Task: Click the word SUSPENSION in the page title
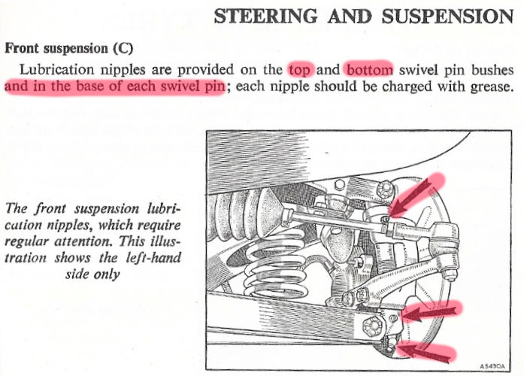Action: tap(446, 17)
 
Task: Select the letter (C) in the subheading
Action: tap(122, 48)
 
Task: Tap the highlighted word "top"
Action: tap(299, 71)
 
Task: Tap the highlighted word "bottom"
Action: tap(369, 71)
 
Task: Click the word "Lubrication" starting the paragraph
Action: tap(54, 71)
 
